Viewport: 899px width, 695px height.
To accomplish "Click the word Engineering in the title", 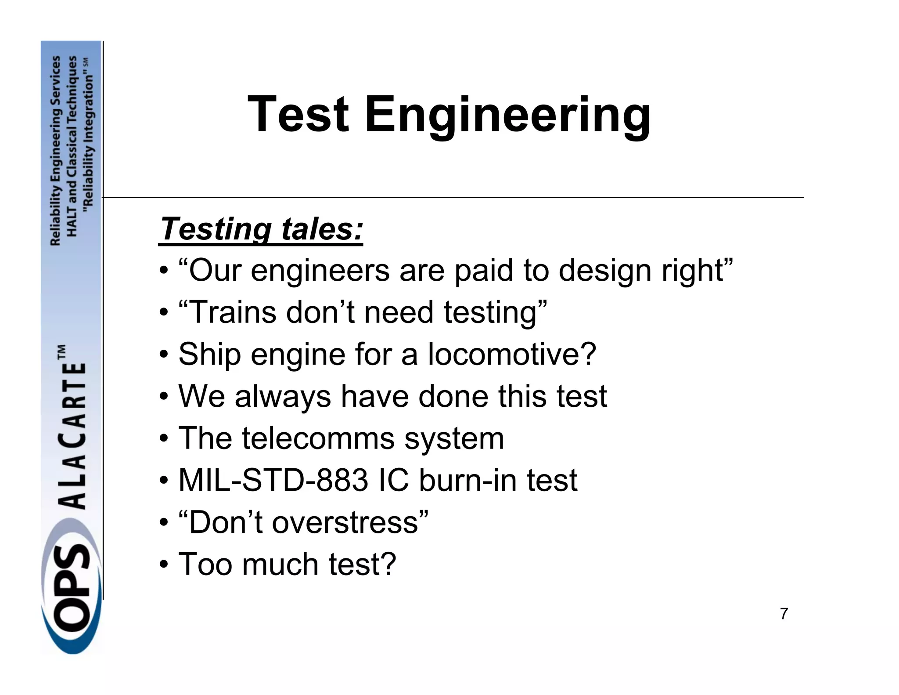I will click(x=507, y=115).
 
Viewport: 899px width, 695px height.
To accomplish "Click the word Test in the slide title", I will click(x=298, y=115).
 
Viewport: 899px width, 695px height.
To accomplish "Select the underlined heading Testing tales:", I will click(x=261, y=229).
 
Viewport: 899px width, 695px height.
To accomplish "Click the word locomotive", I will click(x=512, y=354).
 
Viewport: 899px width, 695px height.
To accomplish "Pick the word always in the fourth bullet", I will click(x=283, y=396).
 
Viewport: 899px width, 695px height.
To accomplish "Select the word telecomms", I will click(x=318, y=438).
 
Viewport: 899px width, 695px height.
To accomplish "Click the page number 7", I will click(x=784, y=614).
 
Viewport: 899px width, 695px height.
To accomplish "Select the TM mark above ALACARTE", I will click(x=61, y=351).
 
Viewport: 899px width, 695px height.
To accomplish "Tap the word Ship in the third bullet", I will click(x=209, y=354).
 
